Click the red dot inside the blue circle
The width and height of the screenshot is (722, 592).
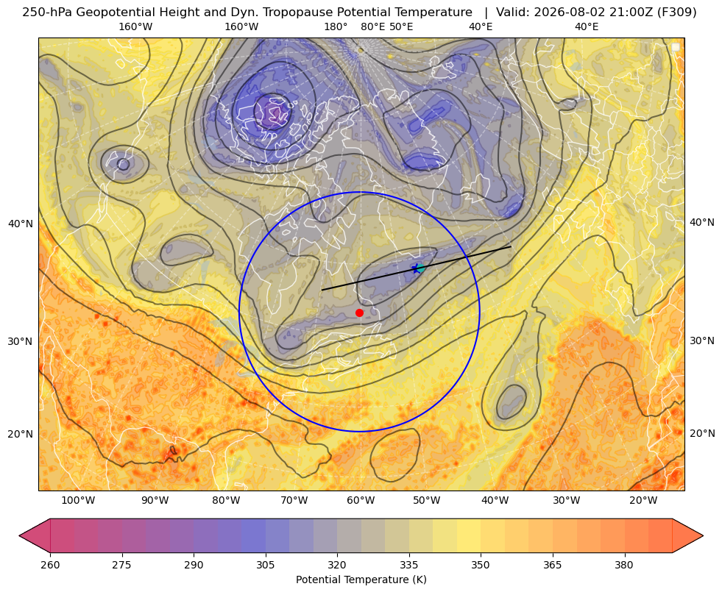[x=360, y=313]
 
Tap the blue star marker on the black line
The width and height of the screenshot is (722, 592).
[x=417, y=268]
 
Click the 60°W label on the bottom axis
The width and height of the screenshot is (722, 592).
[x=361, y=501]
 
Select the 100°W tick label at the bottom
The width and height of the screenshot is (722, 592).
[x=78, y=501]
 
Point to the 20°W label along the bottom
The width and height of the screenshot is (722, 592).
[x=643, y=501]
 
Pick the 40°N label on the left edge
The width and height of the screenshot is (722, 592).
[x=21, y=224]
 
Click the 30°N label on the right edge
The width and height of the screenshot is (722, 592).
[x=702, y=340]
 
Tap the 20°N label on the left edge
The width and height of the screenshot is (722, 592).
[x=21, y=434]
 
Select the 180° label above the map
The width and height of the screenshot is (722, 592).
[x=336, y=26]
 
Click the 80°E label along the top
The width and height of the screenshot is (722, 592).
[x=372, y=26]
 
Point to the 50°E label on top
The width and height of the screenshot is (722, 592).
[x=401, y=26]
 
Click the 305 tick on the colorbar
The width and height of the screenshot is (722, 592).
[x=265, y=564]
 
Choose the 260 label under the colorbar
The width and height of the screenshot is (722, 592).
[x=50, y=564]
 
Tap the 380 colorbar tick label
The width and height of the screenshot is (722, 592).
[x=624, y=564]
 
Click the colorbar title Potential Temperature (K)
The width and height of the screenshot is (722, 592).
[x=361, y=579]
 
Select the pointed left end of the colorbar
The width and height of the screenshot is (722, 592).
[x=20, y=535]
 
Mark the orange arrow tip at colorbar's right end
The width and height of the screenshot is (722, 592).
[x=703, y=535]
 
